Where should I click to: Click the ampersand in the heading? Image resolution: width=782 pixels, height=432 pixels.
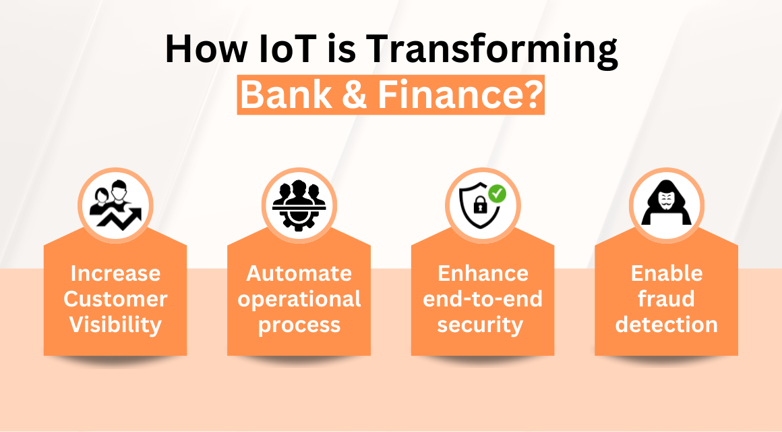click(357, 95)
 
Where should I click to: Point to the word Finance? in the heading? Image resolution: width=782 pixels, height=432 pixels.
click(459, 95)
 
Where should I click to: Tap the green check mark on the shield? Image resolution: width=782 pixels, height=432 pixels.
click(498, 194)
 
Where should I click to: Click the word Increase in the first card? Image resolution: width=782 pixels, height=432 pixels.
click(115, 273)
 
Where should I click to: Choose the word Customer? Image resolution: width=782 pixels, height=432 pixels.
click(115, 299)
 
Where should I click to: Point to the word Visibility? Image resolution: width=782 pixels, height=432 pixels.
click(115, 325)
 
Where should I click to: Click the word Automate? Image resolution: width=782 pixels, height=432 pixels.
click(299, 273)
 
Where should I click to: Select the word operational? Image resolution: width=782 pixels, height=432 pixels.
click(299, 299)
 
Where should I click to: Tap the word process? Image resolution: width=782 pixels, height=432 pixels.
click(299, 325)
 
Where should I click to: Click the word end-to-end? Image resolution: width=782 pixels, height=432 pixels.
click(482, 299)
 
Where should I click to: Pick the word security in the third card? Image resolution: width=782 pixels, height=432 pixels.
click(480, 325)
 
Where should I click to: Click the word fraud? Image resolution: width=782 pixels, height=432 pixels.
click(666, 299)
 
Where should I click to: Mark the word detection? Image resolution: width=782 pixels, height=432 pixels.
click(666, 325)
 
